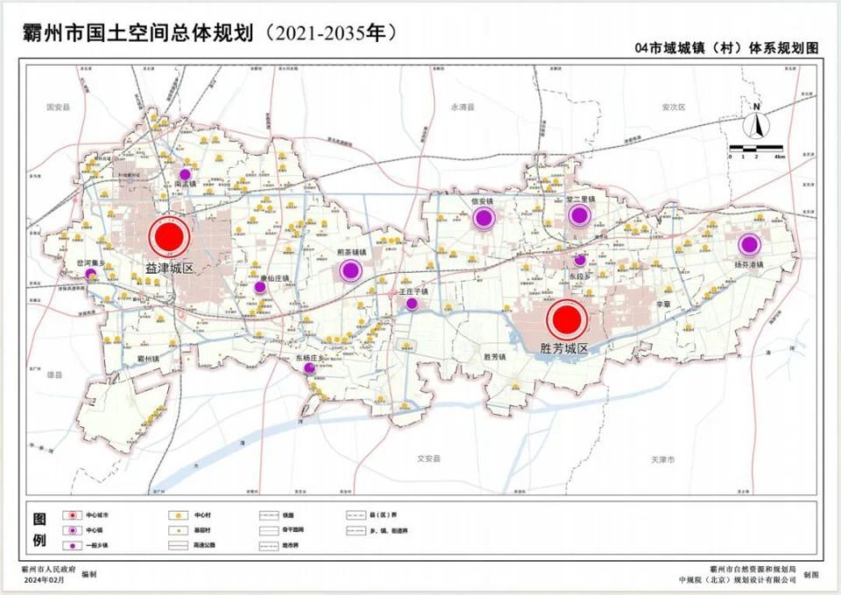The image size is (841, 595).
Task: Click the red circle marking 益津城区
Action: click(x=169, y=237)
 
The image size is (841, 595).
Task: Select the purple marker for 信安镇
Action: click(x=483, y=219)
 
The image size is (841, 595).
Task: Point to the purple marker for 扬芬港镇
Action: click(x=748, y=246)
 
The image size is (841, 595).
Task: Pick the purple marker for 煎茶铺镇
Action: click(x=350, y=270)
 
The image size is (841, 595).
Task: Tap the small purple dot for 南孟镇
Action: click(x=185, y=174)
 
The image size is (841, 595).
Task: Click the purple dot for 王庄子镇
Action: click(x=411, y=304)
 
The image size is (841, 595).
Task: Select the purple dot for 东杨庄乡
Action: click(x=309, y=368)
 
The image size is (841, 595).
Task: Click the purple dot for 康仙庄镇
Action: click(x=259, y=286)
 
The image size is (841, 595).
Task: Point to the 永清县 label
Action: click(x=462, y=107)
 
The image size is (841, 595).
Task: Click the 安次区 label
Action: click(x=673, y=107)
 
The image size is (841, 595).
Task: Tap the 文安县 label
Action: click(x=427, y=458)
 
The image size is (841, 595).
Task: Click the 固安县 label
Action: click(x=58, y=107)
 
